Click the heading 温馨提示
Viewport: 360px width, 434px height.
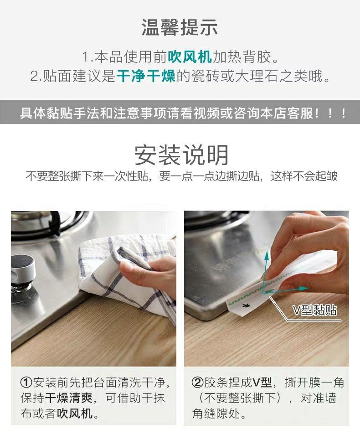coord(180,27)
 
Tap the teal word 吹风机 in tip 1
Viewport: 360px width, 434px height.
coord(190,57)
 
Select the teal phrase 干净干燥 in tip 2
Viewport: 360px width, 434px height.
coord(146,76)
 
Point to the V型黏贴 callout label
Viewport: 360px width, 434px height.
coord(315,310)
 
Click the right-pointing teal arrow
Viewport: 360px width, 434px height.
coord(285,289)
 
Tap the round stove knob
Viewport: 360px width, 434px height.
coord(23,269)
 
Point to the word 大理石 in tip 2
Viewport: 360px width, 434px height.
coord(257,76)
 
